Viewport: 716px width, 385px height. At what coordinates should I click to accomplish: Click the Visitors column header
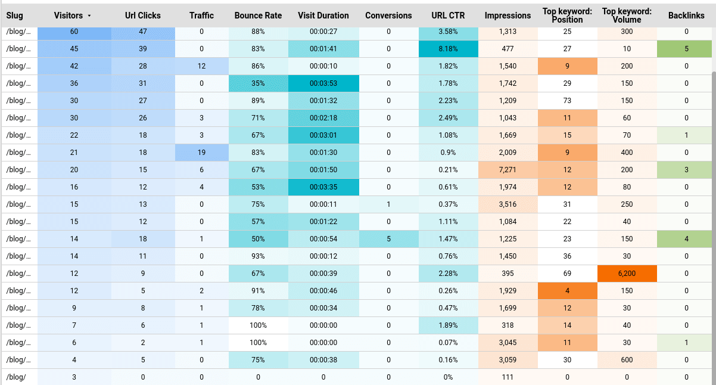pos(69,15)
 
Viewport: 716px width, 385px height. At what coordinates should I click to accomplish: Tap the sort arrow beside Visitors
pos(89,15)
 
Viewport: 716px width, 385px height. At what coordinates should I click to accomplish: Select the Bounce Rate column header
pos(258,15)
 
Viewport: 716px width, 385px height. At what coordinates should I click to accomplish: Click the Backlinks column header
pos(686,15)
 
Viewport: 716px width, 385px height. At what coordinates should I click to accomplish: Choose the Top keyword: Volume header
pos(627,15)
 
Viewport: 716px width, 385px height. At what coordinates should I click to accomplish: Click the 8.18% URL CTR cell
pos(448,49)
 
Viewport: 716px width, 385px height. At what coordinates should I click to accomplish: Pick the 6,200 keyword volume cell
pos(627,274)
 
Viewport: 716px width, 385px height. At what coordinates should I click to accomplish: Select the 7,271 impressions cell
pos(508,170)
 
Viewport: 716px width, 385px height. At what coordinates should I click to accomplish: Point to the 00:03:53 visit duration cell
pos(323,83)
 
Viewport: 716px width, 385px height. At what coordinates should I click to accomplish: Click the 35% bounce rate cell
pos(258,83)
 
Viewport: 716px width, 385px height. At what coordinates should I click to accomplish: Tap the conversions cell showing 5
pos(388,239)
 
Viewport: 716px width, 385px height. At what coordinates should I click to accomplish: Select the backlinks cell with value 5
pos(686,49)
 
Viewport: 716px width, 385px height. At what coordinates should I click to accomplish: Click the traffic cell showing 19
pos(201,153)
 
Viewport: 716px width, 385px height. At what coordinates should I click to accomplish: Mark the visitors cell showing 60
pos(74,32)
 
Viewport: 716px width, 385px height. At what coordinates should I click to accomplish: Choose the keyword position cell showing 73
pos(567,101)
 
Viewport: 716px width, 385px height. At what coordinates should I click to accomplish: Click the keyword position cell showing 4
pos(567,291)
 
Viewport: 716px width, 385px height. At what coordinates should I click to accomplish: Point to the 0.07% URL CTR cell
pos(448,343)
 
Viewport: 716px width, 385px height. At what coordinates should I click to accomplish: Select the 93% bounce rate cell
pos(258,256)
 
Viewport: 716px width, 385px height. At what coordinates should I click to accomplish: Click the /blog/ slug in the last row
pos(15,377)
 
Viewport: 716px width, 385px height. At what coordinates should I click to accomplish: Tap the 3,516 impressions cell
pos(508,204)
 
